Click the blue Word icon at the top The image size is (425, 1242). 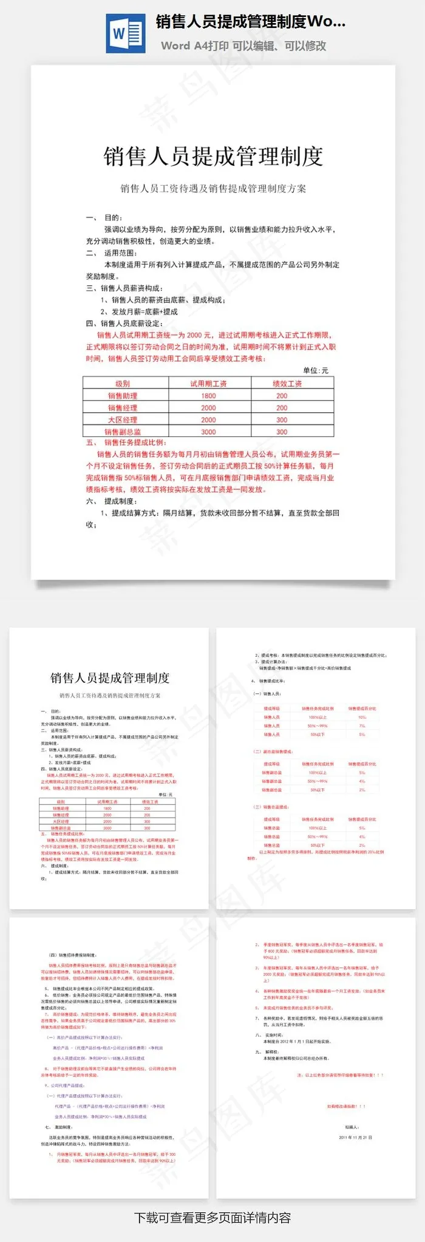click(x=125, y=33)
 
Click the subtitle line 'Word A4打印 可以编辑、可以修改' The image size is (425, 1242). click(x=243, y=46)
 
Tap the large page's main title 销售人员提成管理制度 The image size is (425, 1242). click(x=213, y=157)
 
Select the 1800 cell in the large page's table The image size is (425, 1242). click(x=208, y=396)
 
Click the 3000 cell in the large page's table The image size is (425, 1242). click(x=208, y=432)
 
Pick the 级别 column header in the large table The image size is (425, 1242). click(x=123, y=384)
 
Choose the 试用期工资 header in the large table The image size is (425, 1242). click(x=208, y=384)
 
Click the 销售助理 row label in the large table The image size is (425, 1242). click(x=123, y=396)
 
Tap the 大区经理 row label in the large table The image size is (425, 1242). click(x=123, y=419)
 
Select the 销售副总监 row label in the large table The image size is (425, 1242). click(x=123, y=432)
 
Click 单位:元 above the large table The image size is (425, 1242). click(x=316, y=370)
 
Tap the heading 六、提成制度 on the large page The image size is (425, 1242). click(x=112, y=501)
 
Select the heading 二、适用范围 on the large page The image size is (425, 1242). click(x=112, y=253)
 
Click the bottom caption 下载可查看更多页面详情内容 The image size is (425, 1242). click(x=212, y=1217)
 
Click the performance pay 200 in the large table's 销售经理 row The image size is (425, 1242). click(x=282, y=408)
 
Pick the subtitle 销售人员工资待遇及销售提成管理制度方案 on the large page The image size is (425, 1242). click(x=213, y=189)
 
